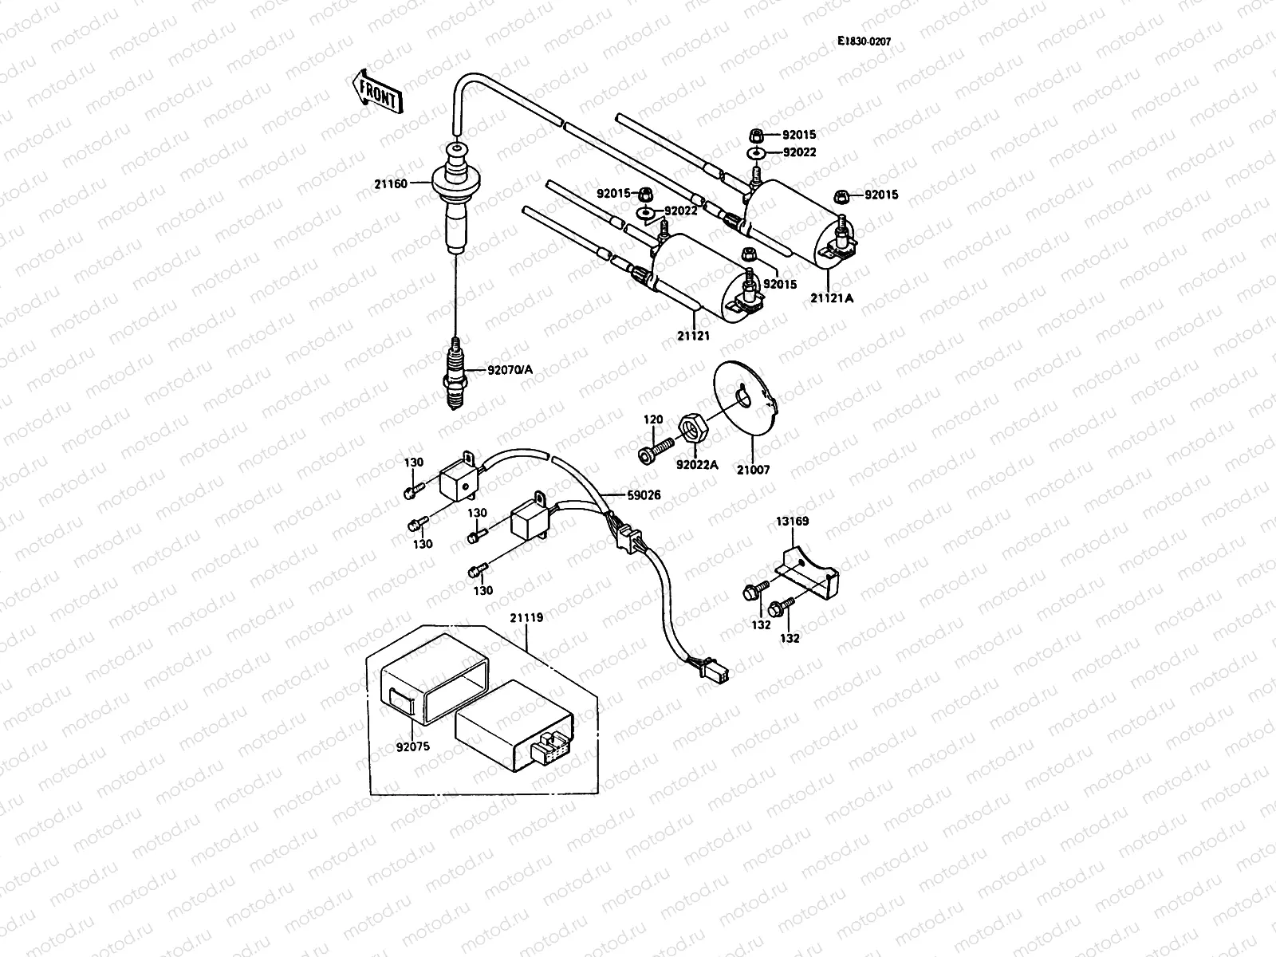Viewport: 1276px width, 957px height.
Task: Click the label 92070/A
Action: point(510,370)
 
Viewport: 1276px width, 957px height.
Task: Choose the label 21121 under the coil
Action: point(693,337)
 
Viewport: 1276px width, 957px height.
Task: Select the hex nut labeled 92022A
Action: point(690,430)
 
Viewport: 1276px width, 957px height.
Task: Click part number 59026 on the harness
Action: point(644,495)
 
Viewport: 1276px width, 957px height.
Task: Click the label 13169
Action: point(792,522)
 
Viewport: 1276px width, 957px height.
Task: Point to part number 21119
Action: point(526,616)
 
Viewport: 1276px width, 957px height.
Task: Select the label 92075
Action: point(412,748)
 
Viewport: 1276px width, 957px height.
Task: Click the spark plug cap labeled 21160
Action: point(452,203)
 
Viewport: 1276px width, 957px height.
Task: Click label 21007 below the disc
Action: point(753,470)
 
